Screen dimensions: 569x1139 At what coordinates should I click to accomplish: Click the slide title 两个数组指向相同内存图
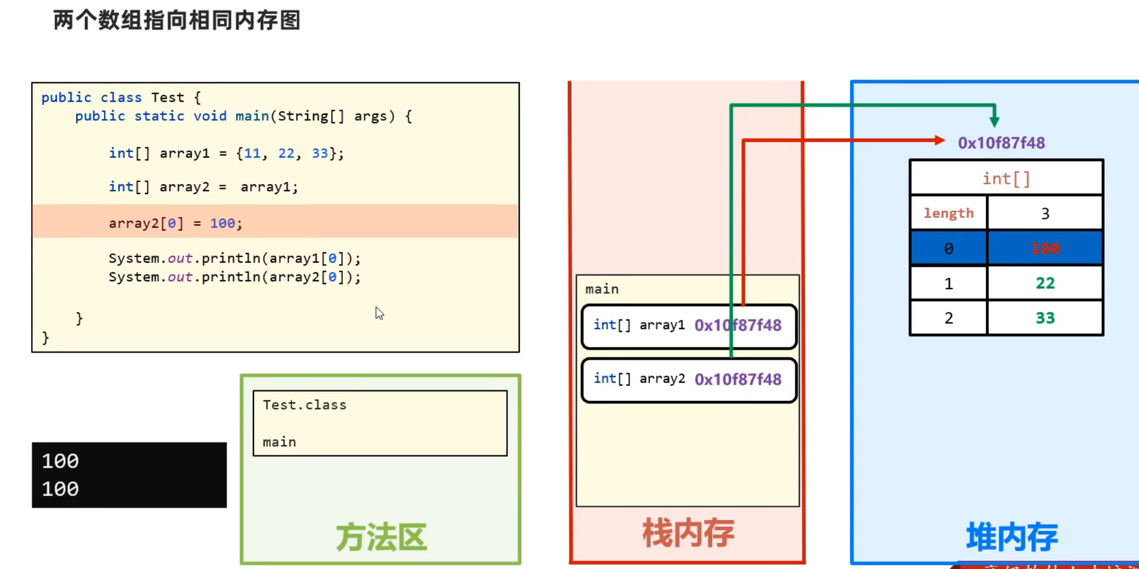(177, 21)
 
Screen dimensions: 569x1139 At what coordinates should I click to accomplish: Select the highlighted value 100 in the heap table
(1045, 249)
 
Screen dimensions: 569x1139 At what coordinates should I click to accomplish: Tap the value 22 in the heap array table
(1045, 283)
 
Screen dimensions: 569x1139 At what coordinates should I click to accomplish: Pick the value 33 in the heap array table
(1045, 318)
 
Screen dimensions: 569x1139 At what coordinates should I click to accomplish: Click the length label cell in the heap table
(948, 213)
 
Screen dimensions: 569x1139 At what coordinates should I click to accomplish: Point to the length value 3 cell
(1045, 214)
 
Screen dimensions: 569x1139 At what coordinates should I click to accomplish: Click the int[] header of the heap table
(1006, 178)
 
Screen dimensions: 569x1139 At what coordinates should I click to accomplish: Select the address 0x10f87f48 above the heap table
(1001, 143)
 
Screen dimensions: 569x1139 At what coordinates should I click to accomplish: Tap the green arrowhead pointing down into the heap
(994, 121)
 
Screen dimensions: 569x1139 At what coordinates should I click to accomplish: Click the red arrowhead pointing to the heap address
(939, 140)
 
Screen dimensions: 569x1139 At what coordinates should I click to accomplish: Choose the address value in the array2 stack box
(738, 379)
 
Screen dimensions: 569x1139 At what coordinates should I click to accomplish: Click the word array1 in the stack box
(662, 325)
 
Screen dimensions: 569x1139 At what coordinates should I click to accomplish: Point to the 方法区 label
(381, 537)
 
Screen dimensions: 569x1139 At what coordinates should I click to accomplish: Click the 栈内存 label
(688, 533)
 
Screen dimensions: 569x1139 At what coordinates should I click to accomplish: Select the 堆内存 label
(1011, 537)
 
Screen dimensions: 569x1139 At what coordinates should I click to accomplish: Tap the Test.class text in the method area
(304, 405)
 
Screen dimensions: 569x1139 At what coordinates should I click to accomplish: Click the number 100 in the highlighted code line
(222, 223)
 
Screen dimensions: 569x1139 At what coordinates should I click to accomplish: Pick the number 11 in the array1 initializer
(252, 154)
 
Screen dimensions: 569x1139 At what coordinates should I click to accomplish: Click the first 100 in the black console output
(60, 461)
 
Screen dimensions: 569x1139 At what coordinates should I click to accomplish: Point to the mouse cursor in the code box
(379, 313)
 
